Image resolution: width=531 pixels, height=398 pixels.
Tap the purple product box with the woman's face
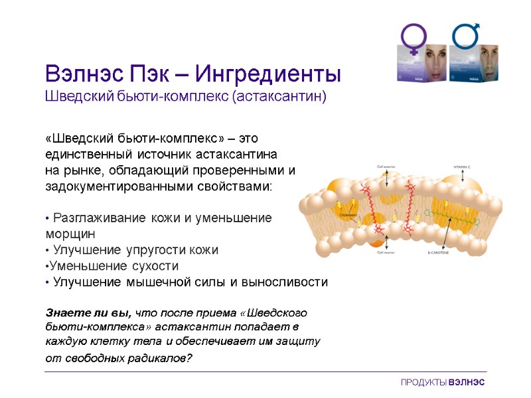coord(422,64)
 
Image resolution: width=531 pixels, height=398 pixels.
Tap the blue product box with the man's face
coord(474,64)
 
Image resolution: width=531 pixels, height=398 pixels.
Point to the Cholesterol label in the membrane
coord(349,216)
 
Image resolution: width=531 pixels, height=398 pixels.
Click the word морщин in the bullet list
coord(70,234)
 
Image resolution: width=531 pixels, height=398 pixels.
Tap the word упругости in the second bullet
coord(151,250)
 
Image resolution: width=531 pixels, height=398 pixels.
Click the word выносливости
coord(286,282)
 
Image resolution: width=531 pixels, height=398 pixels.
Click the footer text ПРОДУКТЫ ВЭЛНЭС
coord(443,383)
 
